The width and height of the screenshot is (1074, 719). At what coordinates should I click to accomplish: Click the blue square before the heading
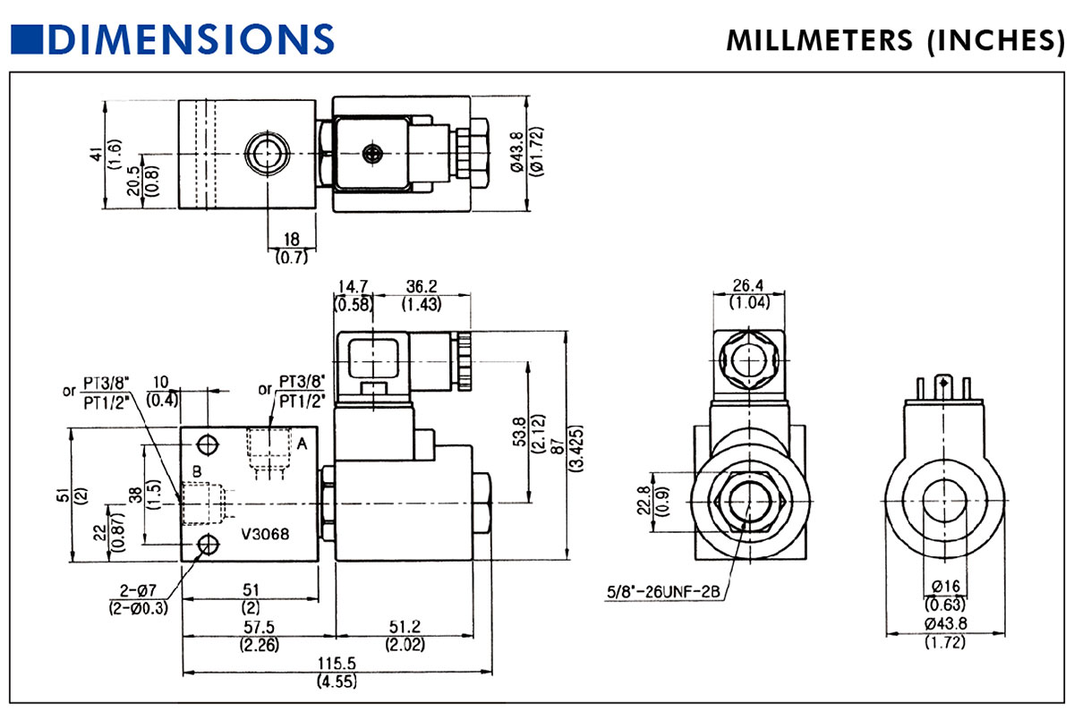27,38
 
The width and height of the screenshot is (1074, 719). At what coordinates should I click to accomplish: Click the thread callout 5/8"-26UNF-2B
664,591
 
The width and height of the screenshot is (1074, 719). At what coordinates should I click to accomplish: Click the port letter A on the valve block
302,443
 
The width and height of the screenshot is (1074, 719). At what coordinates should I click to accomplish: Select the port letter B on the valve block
198,471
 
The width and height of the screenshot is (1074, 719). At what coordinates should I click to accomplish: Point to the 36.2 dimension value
420,287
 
